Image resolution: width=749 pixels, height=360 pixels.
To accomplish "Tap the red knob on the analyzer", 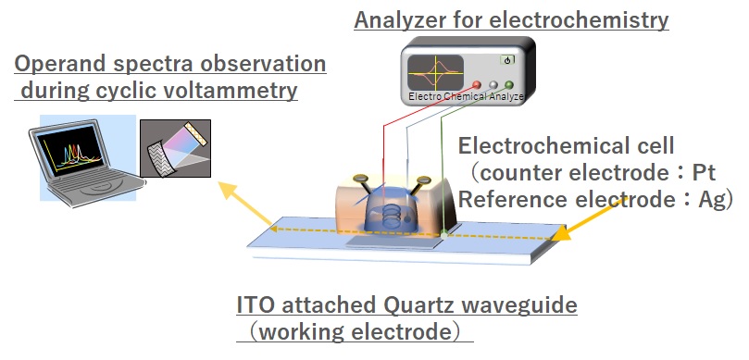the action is (476, 85).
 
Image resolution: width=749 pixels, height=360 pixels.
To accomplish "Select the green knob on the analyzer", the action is (509, 85).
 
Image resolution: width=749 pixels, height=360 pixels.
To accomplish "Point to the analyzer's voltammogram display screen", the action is (435, 72).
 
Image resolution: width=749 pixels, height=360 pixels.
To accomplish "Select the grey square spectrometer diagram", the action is (175, 148).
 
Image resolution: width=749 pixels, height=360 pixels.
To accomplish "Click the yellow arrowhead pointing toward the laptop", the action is (228, 190).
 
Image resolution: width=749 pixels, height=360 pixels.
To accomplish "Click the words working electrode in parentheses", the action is (356, 332).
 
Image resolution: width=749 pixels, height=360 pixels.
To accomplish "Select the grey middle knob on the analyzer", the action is (493, 85).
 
